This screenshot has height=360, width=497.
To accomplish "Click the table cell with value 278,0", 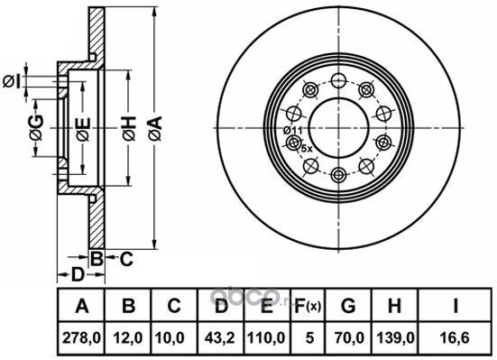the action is click(x=81, y=338).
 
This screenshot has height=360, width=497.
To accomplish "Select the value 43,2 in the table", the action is click(x=220, y=338).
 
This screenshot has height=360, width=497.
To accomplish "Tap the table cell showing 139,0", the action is click(x=395, y=338).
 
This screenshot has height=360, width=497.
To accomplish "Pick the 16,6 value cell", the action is click(x=456, y=338).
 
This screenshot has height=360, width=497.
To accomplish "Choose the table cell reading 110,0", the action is click(x=267, y=338).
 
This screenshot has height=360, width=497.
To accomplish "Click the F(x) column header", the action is click(x=308, y=306).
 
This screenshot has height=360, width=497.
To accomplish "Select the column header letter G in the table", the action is click(x=348, y=306).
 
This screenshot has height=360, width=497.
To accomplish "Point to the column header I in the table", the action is click(x=456, y=306).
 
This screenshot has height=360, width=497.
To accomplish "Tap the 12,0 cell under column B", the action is click(x=128, y=338).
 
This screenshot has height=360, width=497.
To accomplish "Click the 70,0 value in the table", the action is click(x=348, y=338).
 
